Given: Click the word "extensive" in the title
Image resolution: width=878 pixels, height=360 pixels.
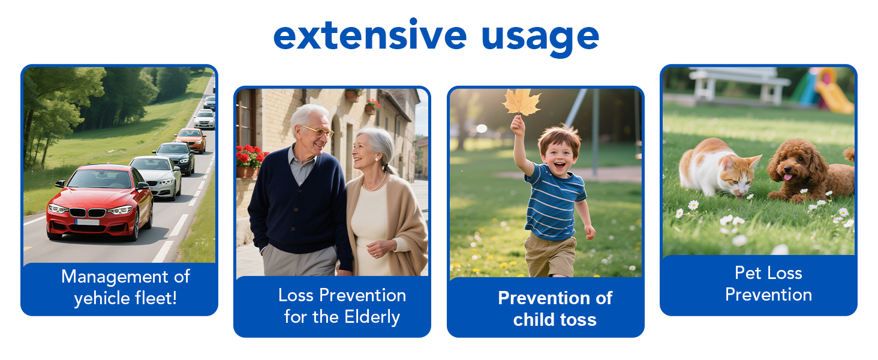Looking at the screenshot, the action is pyautogui.click(x=370, y=35).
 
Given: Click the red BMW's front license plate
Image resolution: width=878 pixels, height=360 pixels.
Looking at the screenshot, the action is pyautogui.click(x=87, y=222).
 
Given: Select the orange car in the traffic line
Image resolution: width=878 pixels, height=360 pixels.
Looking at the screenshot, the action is pyautogui.click(x=191, y=140).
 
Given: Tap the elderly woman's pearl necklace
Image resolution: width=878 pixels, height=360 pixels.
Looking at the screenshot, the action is pyautogui.click(x=374, y=185).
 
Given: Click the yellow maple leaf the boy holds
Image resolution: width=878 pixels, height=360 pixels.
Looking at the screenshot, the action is pyautogui.click(x=521, y=103).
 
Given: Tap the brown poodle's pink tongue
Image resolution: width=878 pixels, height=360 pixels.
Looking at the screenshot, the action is pyautogui.click(x=788, y=177).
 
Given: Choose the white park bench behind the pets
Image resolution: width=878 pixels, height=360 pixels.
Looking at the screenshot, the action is pyautogui.click(x=739, y=85).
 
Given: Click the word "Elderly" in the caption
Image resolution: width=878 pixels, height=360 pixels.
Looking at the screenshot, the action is pyautogui.click(x=372, y=317).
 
